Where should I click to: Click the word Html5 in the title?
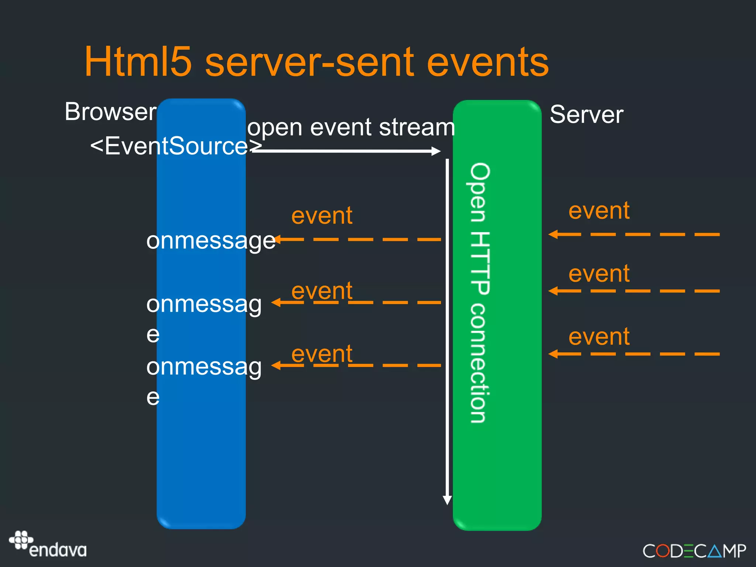(138, 62)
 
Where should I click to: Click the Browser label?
(110, 111)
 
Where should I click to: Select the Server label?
(586, 114)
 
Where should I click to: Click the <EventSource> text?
(176, 146)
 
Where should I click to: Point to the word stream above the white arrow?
(417, 127)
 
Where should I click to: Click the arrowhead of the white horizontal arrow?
(436, 151)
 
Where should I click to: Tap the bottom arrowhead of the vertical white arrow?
(447, 500)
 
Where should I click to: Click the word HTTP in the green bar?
(480, 263)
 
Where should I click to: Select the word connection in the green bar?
(480, 363)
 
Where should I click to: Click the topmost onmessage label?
(211, 241)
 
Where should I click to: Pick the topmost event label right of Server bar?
(599, 211)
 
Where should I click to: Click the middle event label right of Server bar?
(599, 274)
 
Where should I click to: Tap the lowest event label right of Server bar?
(599, 337)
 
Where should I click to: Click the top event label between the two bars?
(322, 216)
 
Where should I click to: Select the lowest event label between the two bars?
(322, 354)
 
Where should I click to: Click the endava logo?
(48, 544)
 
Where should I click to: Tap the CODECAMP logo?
(694, 551)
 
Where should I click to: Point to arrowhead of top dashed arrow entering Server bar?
(553, 234)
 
